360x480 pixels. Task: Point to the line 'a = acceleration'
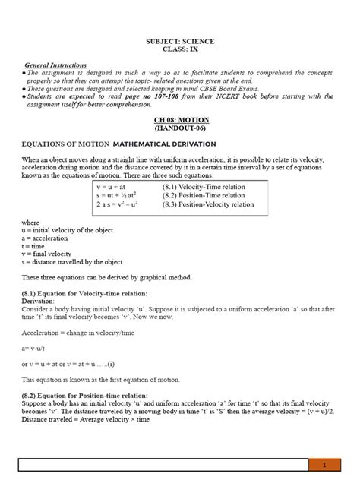pyautogui.click(x=47, y=237)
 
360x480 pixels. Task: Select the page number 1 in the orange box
pyautogui.click(x=324, y=464)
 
